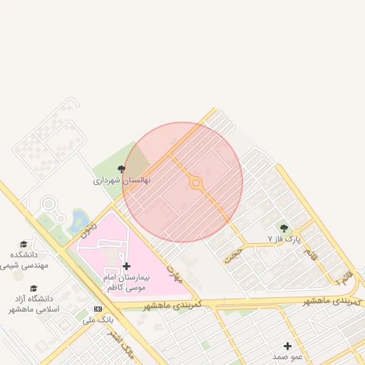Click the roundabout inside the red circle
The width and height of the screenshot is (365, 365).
196,184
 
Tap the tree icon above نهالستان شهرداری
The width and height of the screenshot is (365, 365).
122,170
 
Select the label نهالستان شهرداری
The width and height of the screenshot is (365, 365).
122,181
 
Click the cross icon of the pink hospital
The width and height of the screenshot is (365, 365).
127,266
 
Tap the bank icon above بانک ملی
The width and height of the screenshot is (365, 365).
98,309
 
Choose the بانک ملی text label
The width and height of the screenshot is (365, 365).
98,320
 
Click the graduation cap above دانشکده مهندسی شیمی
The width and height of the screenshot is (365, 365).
24,244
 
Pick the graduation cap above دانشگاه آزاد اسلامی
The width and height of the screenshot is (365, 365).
34,288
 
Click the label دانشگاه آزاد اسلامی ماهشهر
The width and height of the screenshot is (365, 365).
33,304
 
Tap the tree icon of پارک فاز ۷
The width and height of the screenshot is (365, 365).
284,228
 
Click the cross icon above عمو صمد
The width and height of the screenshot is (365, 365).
287,346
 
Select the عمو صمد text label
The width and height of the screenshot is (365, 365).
287,356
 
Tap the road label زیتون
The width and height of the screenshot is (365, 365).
88,227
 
